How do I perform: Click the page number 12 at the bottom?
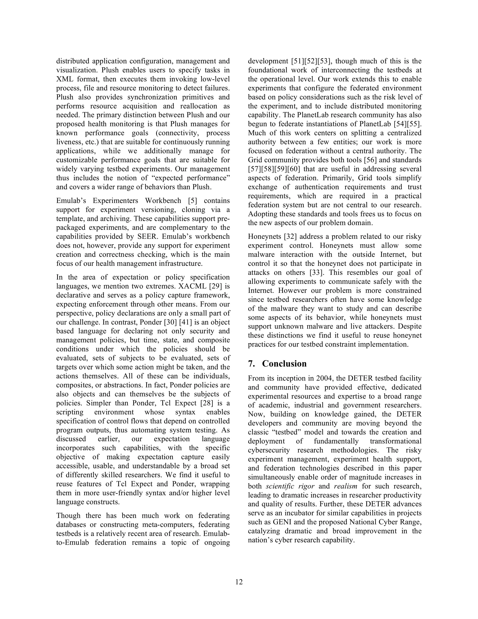(x=239, y=582)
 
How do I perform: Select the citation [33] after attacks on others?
(x=315, y=272)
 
